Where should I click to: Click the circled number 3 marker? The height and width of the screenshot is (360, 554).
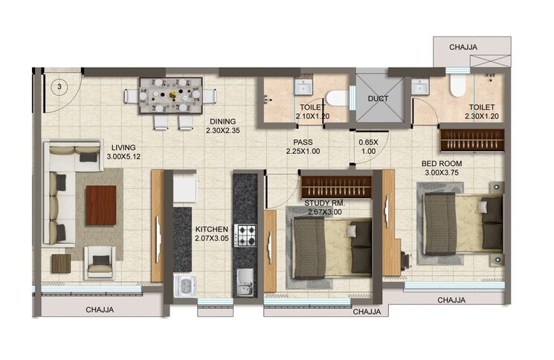point(59,86)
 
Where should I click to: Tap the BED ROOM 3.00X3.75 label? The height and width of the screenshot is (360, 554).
point(442,167)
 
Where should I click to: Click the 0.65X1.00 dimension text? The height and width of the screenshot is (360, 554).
point(368,147)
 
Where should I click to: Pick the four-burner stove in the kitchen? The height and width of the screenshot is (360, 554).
point(245,236)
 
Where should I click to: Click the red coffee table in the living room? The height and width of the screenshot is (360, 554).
point(100,205)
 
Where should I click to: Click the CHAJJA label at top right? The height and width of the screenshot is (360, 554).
point(463,47)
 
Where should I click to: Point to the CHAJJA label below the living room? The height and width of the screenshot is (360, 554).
point(100,309)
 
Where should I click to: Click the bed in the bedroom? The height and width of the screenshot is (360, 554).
point(461,224)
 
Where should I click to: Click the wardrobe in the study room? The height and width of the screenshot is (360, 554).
point(336,187)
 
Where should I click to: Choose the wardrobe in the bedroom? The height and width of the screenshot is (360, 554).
point(472,140)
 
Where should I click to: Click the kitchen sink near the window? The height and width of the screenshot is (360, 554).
point(184,285)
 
